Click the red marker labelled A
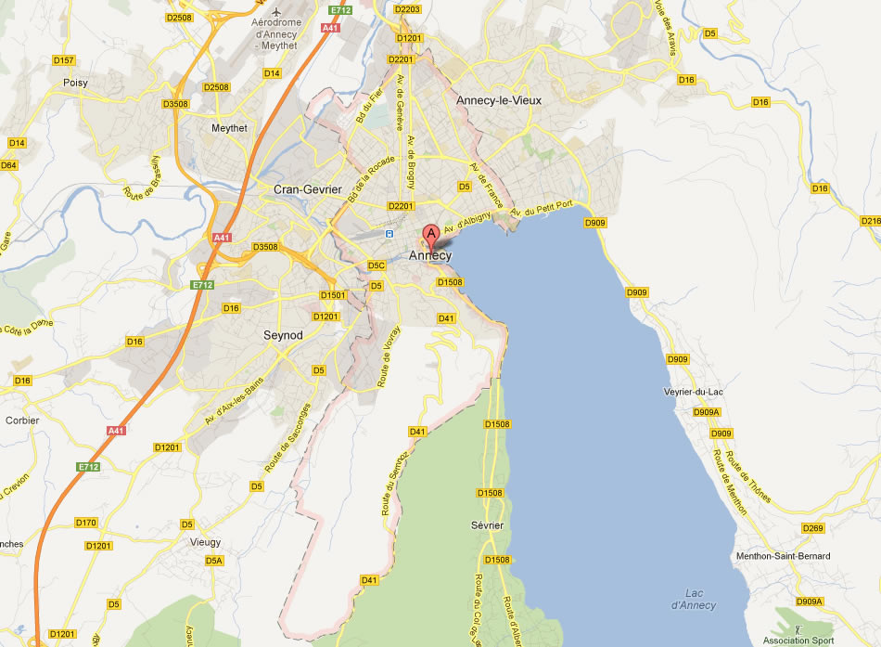click(x=430, y=235)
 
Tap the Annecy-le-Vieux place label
click(x=498, y=99)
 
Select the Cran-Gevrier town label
click(x=307, y=188)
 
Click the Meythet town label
click(x=229, y=128)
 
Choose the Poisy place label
click(x=75, y=83)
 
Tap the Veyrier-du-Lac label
click(x=694, y=393)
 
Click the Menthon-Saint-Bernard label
click(x=782, y=556)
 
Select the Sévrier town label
click(x=487, y=525)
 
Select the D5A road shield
click(x=214, y=561)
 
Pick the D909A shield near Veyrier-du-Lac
click(x=706, y=412)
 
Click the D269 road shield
click(x=811, y=528)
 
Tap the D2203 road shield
click(x=407, y=9)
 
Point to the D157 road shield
click(x=63, y=60)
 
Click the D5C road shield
click(x=376, y=265)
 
